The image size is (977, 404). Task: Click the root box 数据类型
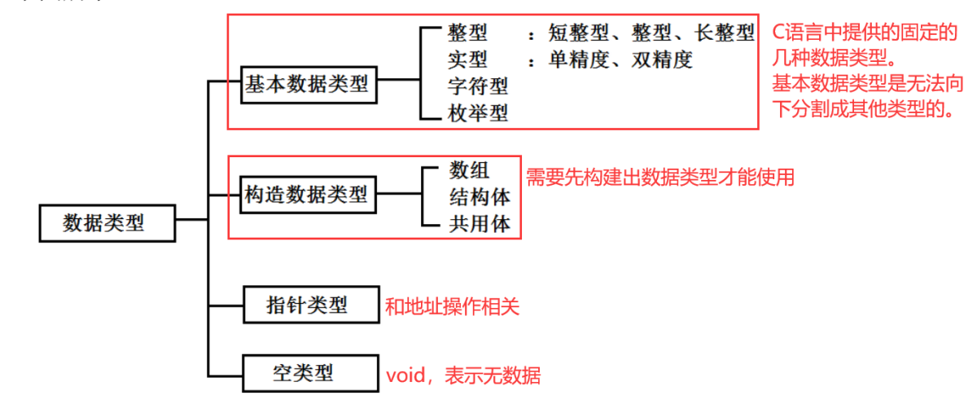(107, 222)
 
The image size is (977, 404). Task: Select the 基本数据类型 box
(309, 84)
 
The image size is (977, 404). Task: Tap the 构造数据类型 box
(309, 195)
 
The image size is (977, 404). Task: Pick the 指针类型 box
(310, 305)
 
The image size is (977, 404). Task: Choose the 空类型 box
(310, 375)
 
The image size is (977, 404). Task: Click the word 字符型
(478, 86)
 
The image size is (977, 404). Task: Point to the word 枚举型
(478, 113)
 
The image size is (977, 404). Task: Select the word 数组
(469, 170)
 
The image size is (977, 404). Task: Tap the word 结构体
(480, 197)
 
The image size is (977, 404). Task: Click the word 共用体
(480, 224)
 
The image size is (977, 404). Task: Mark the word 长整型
(725, 33)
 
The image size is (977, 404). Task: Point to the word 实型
(467, 59)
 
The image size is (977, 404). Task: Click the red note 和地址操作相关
(452, 306)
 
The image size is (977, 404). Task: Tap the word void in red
(405, 375)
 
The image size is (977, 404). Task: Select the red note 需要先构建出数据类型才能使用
(659, 177)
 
